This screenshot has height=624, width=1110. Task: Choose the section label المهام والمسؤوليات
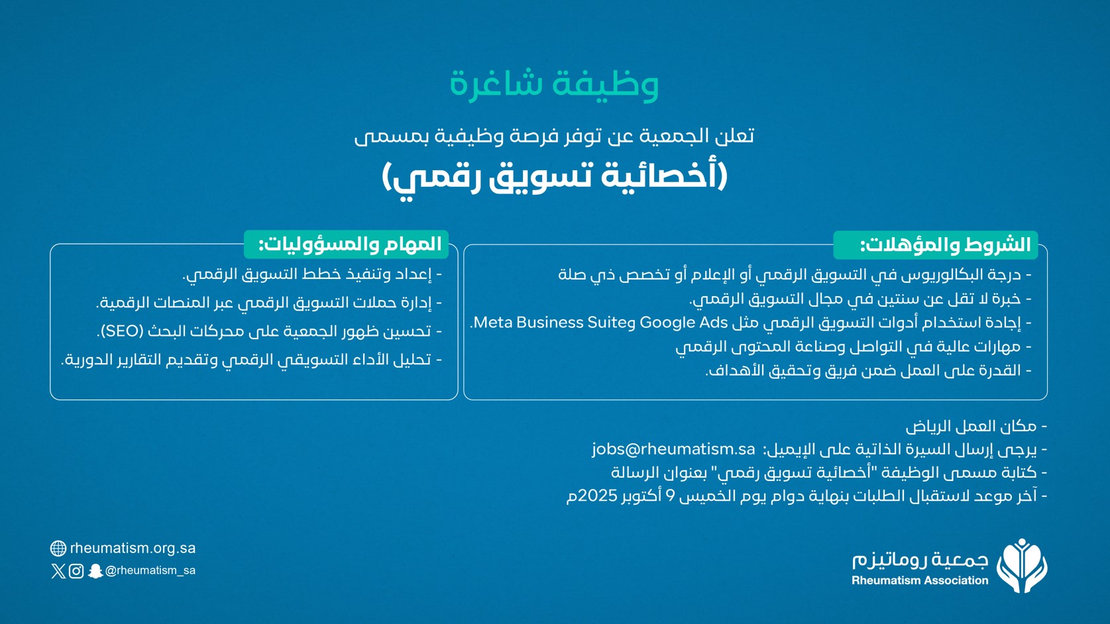[x=350, y=244]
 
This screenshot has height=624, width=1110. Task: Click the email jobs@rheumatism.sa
[x=673, y=449]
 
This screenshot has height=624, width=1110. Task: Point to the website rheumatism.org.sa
[x=133, y=548]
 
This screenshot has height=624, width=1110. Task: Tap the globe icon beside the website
[x=58, y=548]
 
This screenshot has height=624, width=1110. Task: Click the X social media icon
[x=58, y=571]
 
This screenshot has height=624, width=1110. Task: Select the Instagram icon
[x=76, y=571]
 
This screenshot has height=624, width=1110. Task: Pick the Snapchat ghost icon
[x=95, y=571]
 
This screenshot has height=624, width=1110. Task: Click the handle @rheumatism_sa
[x=150, y=570]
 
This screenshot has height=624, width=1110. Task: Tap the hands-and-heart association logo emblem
[x=1022, y=566]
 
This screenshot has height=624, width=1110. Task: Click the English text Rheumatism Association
[x=920, y=580]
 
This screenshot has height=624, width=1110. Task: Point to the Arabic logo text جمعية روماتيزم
[x=920, y=560]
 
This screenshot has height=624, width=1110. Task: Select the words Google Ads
[x=683, y=323]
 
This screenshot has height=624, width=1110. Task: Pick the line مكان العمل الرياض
[x=976, y=426]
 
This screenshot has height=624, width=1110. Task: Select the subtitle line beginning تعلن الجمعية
[x=554, y=136]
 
